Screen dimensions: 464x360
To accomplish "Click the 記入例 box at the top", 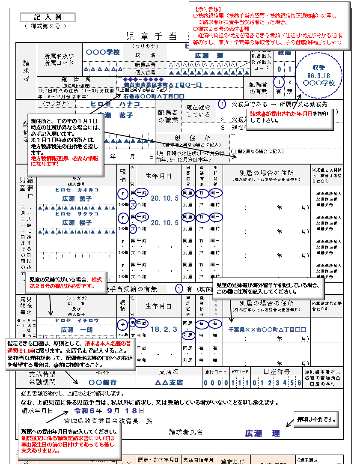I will click(x=48, y=17).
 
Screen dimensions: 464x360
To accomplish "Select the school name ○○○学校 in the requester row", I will click(x=102, y=52).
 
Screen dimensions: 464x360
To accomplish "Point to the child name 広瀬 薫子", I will click(x=77, y=199).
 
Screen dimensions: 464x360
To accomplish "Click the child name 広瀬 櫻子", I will click(x=77, y=223).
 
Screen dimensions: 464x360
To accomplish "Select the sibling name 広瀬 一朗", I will click(x=77, y=330).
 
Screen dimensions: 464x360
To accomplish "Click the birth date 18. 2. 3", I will click(x=163, y=329).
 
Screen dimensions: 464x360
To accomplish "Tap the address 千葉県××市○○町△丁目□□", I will click(x=268, y=329).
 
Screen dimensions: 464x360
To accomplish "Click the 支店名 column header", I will click(x=169, y=371).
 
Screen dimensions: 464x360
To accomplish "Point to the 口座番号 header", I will click(x=277, y=371).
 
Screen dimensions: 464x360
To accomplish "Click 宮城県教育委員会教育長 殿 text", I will click(x=108, y=421).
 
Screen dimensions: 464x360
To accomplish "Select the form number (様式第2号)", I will click(x=45, y=26).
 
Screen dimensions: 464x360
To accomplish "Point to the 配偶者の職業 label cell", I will click(x=168, y=115).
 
